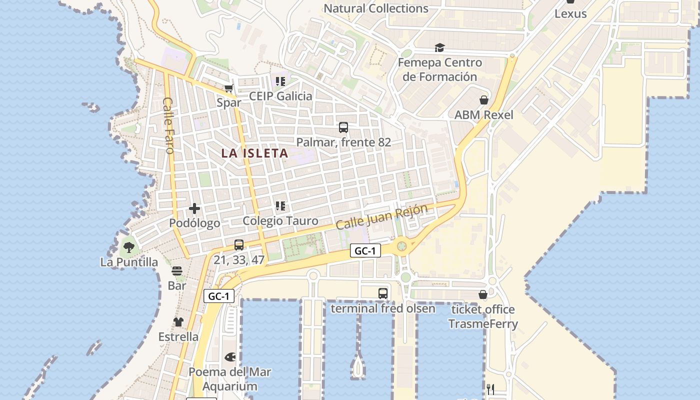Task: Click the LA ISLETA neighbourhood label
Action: click(255, 153)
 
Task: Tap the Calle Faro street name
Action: click(168, 125)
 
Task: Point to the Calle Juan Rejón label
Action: click(381, 216)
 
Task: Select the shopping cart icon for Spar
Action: click(229, 88)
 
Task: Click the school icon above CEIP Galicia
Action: click(280, 81)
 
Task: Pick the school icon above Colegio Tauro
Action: click(280, 205)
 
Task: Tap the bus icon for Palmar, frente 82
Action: click(343, 127)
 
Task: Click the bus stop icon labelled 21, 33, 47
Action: click(239, 245)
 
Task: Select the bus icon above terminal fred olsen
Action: click(383, 293)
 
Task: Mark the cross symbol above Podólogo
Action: click(194, 208)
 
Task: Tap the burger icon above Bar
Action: click(177, 271)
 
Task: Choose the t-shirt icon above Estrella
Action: click(178, 322)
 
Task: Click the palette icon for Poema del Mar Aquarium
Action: click(230, 357)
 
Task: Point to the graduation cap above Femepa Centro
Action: click(439, 47)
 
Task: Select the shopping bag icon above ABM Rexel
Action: click(483, 100)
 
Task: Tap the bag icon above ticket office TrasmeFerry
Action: click(482, 294)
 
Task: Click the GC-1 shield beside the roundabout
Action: click(365, 250)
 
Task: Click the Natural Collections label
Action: click(376, 8)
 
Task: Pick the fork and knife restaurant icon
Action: click(490, 389)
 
